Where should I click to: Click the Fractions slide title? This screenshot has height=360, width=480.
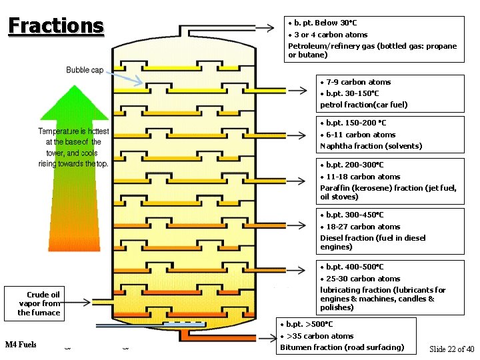(x=56, y=25)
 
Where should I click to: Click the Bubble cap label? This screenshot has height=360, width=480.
(x=85, y=70)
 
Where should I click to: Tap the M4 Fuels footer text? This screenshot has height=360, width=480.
(x=21, y=345)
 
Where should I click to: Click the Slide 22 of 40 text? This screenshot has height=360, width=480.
(x=451, y=349)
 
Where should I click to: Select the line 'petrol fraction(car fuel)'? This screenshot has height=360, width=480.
(x=363, y=105)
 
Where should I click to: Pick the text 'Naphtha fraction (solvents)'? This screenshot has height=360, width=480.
(x=371, y=146)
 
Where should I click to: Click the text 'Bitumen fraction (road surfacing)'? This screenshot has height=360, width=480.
(x=342, y=347)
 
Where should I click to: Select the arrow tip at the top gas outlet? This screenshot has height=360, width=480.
(x=269, y=28)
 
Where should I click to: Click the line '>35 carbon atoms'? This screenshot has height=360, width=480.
(x=319, y=336)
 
